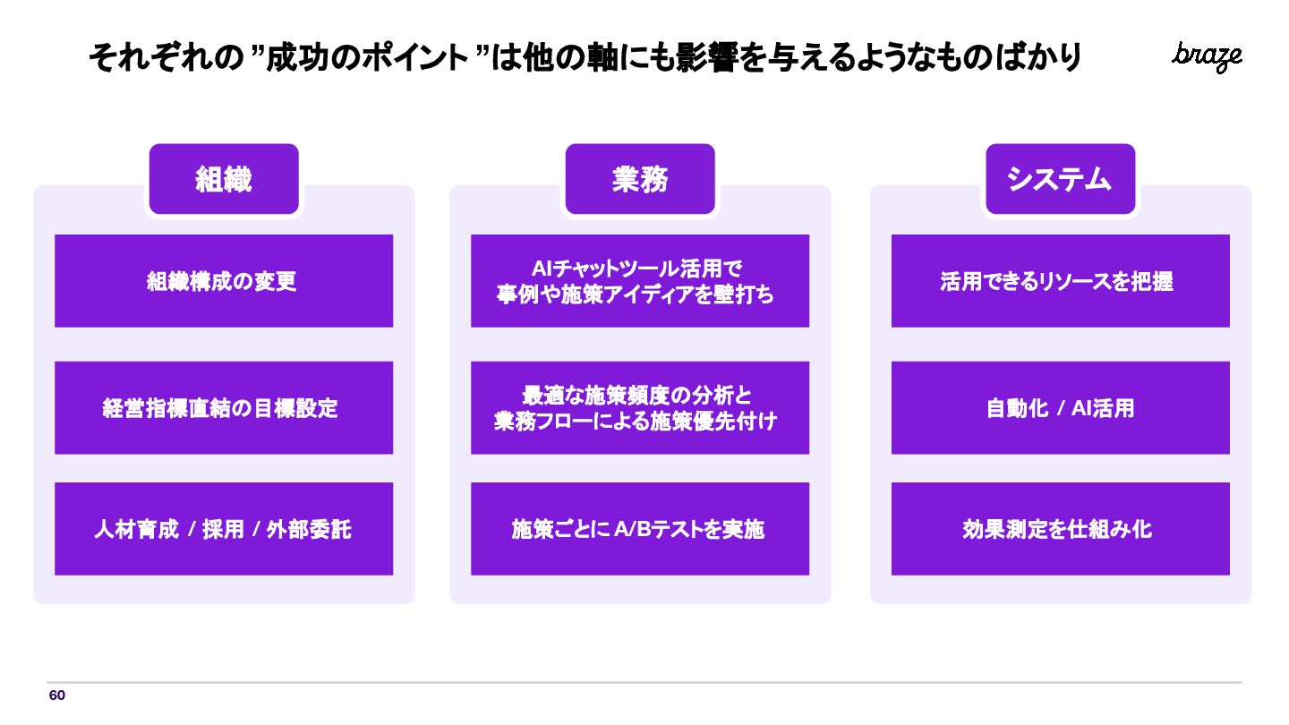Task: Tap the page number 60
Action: pyautogui.click(x=57, y=695)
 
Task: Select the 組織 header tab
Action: pyautogui.click(x=224, y=179)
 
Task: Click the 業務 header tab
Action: pyautogui.click(x=640, y=179)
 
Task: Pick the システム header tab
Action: pyautogui.click(x=1060, y=179)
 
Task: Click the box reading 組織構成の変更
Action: pyautogui.click(x=224, y=281)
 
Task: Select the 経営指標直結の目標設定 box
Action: pyautogui.click(x=224, y=408)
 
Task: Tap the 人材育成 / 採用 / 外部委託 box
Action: pyautogui.click(x=224, y=529)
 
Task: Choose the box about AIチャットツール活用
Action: pyautogui.click(x=640, y=281)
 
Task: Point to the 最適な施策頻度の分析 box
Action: pyautogui.click(x=640, y=408)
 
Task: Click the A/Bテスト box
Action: pyautogui.click(x=640, y=529)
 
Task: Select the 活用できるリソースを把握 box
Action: pyautogui.click(x=1060, y=281)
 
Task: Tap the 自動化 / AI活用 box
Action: pyautogui.click(x=1060, y=408)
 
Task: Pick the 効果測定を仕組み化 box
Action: pyautogui.click(x=1060, y=529)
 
